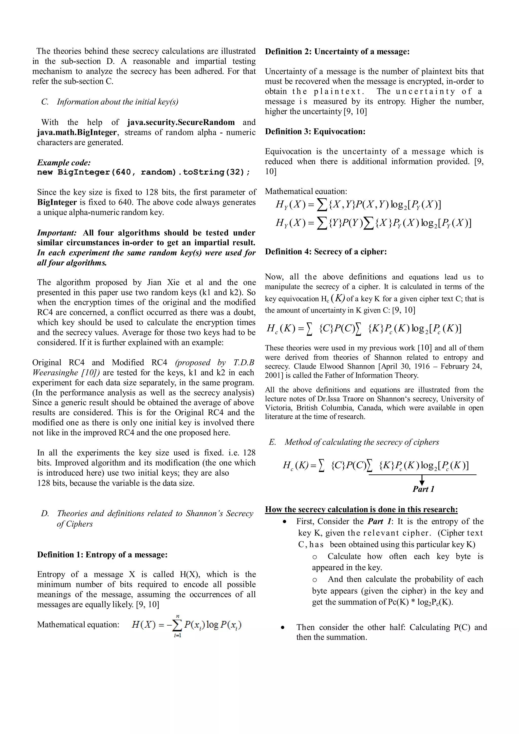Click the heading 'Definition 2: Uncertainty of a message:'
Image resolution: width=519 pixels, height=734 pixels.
337,51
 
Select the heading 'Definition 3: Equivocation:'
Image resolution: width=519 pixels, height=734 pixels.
315,131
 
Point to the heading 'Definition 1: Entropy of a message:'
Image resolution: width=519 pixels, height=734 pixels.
102,554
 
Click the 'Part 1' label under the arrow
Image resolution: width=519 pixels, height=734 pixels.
423,489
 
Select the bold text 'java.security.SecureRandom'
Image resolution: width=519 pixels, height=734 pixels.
181,122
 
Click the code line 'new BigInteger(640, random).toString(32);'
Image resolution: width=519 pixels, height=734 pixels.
144,172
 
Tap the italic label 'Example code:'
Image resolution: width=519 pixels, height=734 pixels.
64,162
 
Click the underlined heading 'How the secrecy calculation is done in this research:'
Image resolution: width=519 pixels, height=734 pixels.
361,509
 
